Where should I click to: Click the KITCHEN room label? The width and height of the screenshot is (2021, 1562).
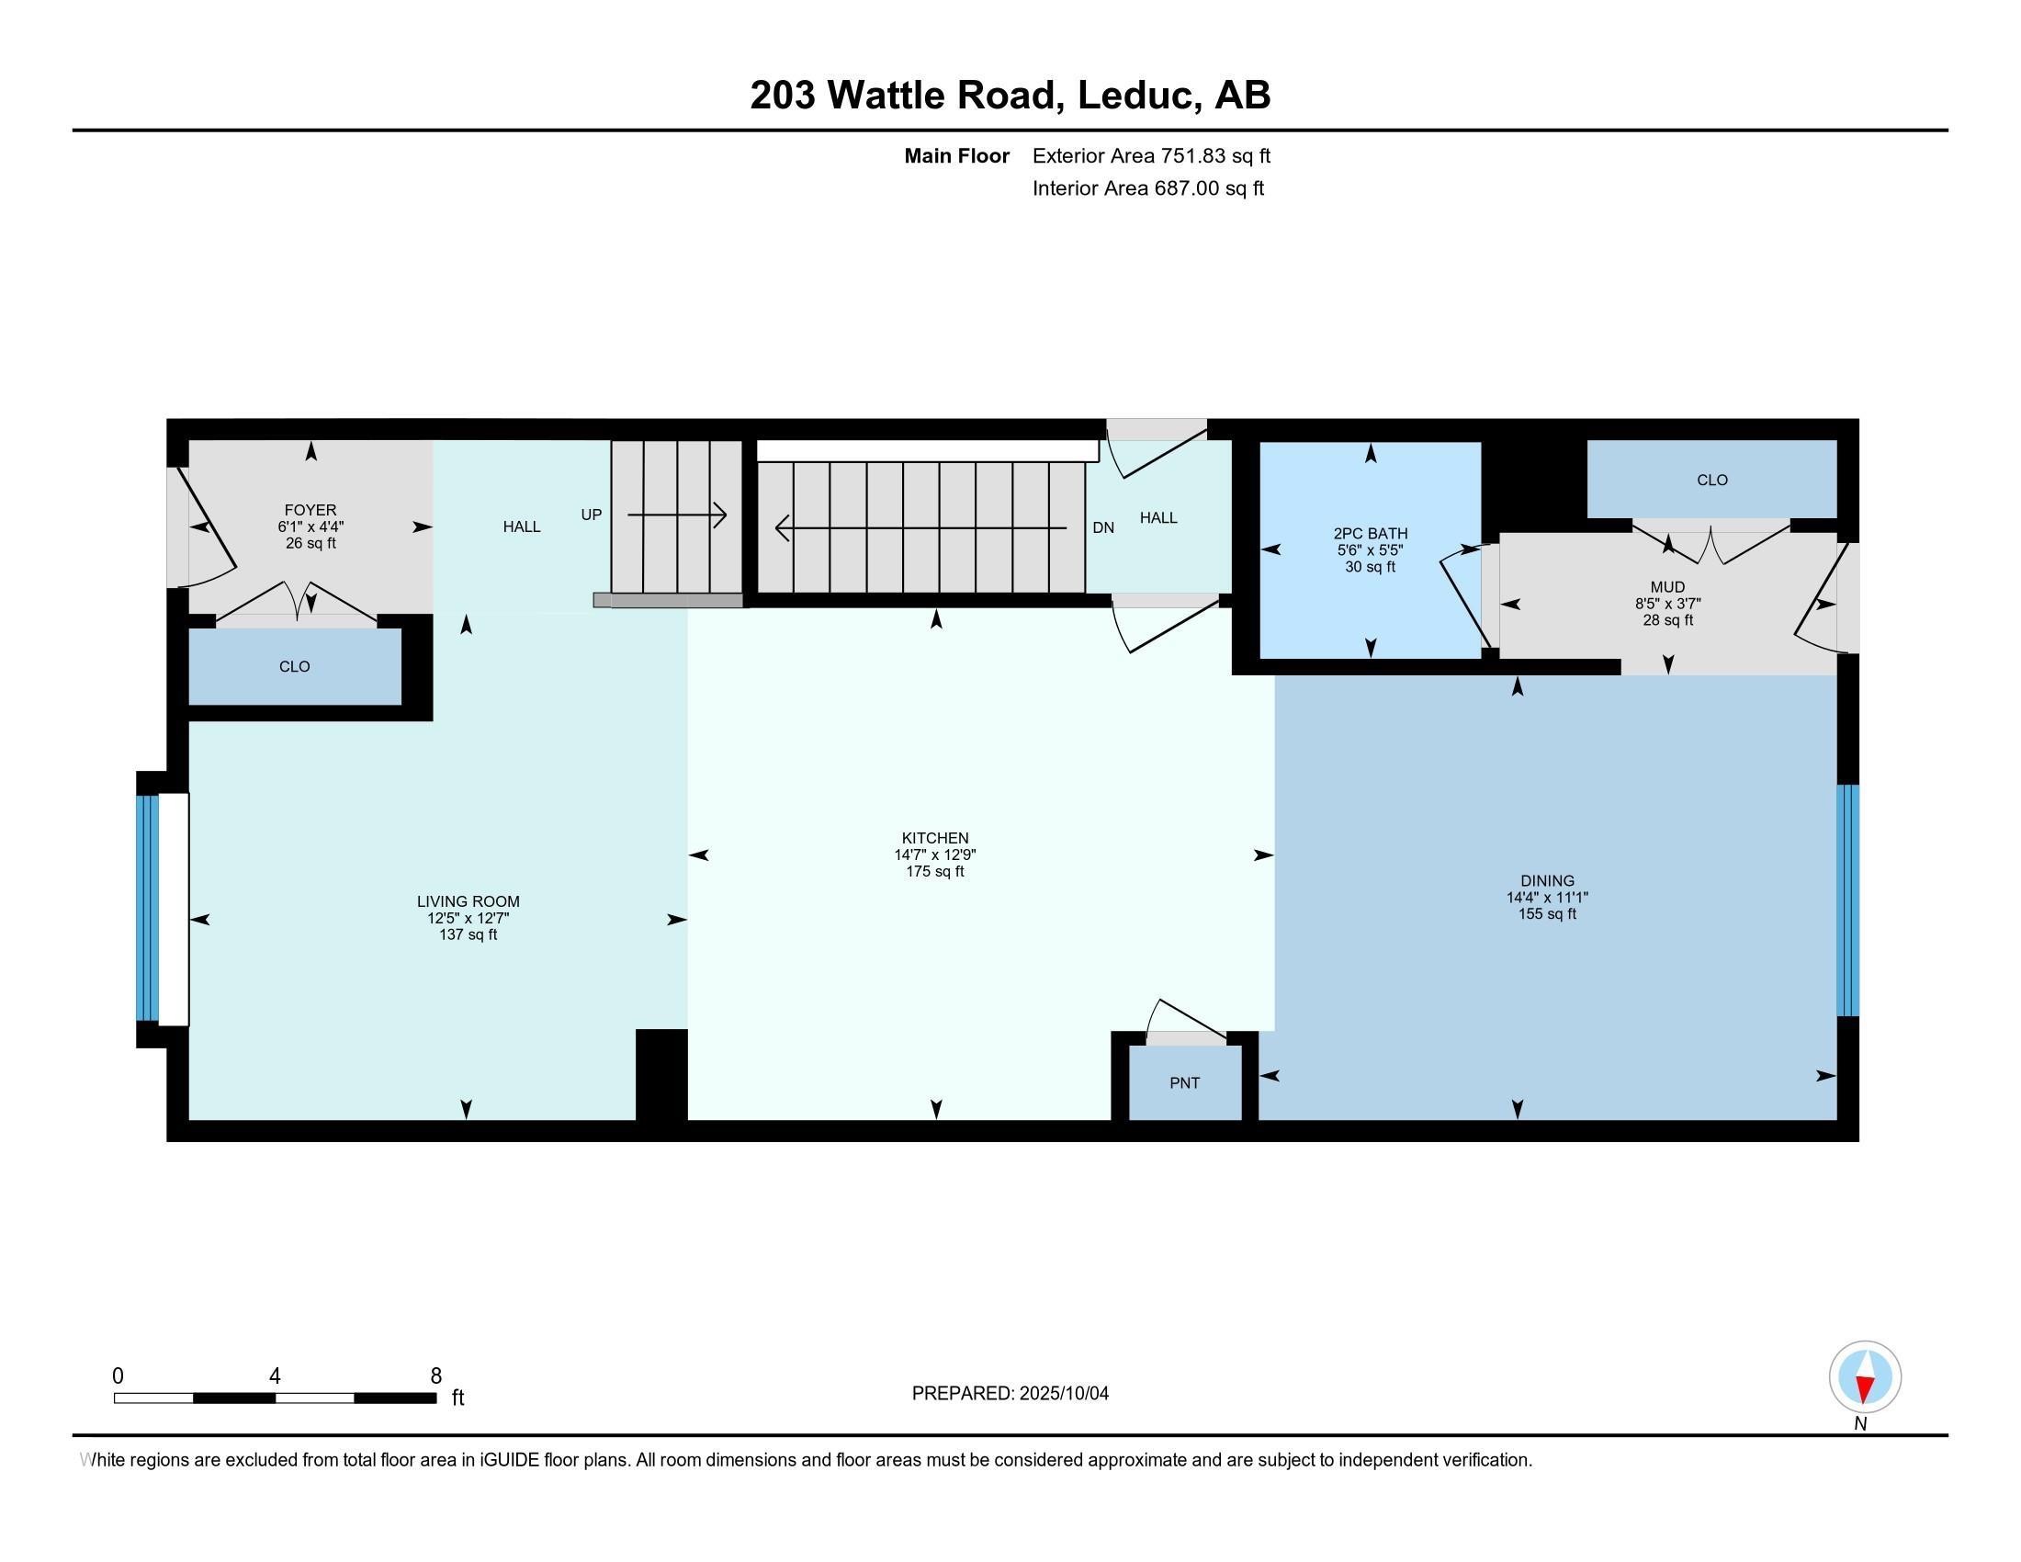point(934,838)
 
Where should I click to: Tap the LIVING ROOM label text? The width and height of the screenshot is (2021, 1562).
point(468,901)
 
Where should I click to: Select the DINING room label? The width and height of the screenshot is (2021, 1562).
point(1546,881)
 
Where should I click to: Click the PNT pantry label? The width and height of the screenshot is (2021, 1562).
point(1184,1082)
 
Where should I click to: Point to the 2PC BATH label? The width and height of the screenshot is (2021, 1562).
point(1370,533)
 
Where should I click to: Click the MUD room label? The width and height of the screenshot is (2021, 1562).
point(1667,587)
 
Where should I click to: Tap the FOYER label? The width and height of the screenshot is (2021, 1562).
point(310,510)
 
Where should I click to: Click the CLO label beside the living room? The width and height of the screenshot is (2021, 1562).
point(294,666)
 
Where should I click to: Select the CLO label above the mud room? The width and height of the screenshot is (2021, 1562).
point(1712,480)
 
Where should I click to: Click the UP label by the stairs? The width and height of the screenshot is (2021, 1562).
point(592,515)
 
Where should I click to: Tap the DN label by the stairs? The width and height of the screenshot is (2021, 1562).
point(1103,527)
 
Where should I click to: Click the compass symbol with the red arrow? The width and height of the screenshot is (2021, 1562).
point(1865,1377)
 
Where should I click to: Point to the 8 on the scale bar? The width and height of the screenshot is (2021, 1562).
point(435,1376)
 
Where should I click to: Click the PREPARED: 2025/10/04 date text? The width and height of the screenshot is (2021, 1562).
point(1010,1394)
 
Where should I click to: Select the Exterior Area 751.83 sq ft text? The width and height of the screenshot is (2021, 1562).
point(1151,155)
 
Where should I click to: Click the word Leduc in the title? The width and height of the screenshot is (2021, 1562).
point(1135,96)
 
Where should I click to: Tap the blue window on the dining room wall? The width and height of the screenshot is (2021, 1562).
point(1847,900)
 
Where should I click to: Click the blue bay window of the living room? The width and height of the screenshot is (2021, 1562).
point(147,908)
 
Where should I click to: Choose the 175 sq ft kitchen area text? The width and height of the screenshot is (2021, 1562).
point(934,872)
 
